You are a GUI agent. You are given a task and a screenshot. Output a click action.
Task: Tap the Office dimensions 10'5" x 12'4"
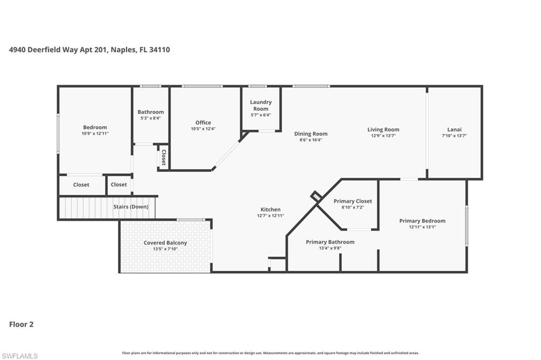click(203, 129)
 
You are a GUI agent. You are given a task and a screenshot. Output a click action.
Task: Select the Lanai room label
click(454, 129)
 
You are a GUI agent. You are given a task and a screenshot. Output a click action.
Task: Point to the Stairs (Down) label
click(131, 207)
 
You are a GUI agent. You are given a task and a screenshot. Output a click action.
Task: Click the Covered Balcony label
click(165, 243)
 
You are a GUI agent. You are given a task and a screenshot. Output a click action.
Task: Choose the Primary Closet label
click(352, 201)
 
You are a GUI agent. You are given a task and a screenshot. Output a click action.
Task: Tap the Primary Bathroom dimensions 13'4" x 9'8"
click(330, 248)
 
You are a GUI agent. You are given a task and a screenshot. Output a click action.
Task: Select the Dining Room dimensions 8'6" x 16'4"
click(311, 140)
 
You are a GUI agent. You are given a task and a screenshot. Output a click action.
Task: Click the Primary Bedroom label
click(422, 221)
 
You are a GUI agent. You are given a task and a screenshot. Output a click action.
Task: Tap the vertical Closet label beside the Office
click(164, 157)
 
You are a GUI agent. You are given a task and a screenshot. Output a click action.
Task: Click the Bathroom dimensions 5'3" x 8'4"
click(151, 118)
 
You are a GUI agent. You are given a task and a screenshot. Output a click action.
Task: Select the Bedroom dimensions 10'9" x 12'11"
click(95, 134)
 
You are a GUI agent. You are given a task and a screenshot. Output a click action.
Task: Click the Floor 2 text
click(21, 325)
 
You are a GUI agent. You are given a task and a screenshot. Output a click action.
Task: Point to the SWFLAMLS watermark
click(20, 356)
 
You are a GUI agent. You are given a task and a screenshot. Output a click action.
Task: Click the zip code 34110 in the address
click(159, 50)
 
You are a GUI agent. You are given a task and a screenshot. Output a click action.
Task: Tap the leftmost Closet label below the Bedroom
click(81, 185)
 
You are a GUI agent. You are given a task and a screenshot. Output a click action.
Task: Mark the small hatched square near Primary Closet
click(315, 196)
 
